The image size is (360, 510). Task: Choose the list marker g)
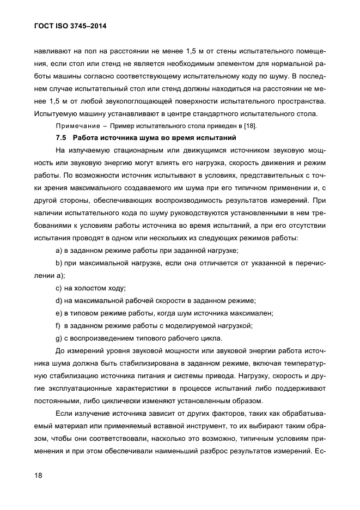coord(59,338)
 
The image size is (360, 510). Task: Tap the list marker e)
coord(59,313)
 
